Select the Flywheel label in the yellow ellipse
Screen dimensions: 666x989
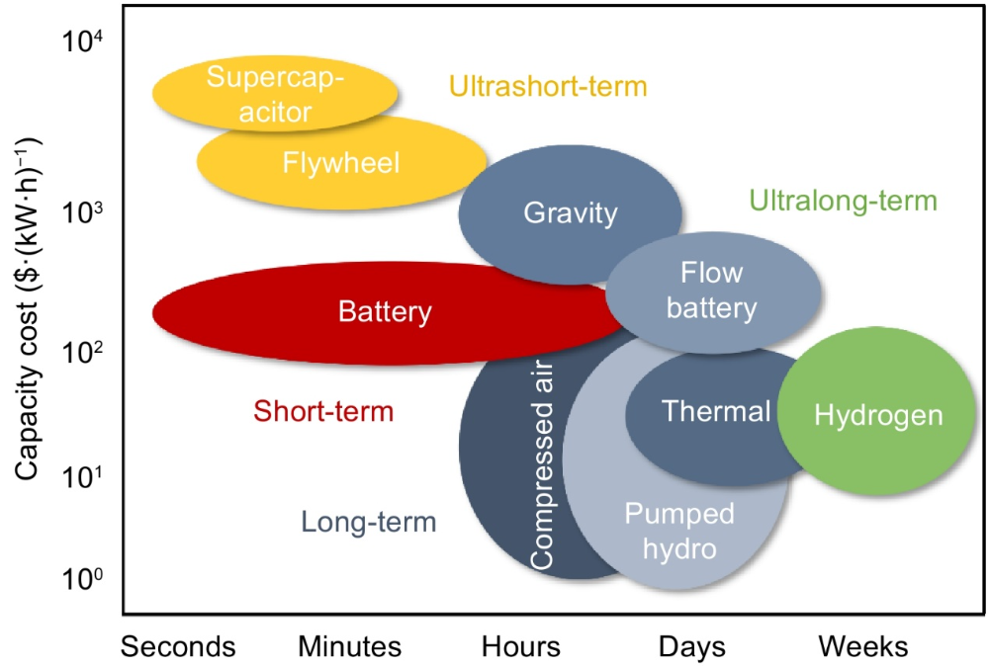(340, 162)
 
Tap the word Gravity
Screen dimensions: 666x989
(571, 212)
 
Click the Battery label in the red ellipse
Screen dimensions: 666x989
(385, 312)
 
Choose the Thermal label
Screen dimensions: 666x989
(716, 411)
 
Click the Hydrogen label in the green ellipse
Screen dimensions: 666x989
(877, 416)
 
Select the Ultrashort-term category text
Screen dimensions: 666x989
(548, 87)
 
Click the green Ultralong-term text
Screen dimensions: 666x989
(843, 202)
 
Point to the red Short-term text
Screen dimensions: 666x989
(323, 411)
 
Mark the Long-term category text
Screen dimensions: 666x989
(368, 522)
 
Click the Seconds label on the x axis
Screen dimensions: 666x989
(178, 646)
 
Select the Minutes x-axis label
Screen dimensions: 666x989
(350, 646)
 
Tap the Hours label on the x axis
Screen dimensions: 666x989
(521, 646)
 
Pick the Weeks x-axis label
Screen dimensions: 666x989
(862, 646)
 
